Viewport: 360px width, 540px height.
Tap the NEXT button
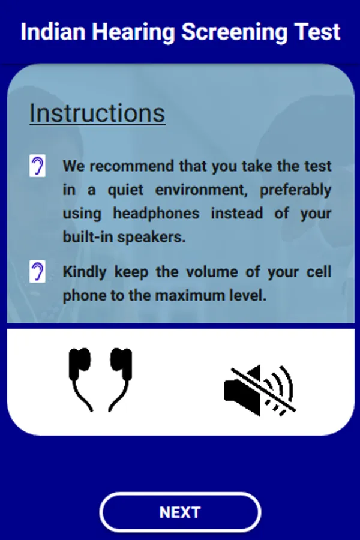coord(180,512)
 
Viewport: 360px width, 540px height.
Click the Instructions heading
coord(97,113)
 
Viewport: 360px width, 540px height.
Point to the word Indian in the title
coord(53,32)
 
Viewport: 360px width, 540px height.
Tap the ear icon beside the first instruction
coord(37,166)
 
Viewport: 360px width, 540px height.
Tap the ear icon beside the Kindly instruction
coord(37,271)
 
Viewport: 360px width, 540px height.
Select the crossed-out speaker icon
coord(260,391)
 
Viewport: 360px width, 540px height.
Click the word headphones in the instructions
coord(157,214)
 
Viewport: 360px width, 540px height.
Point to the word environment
coord(201,190)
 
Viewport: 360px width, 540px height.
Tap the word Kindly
coord(85,272)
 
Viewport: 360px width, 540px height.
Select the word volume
coord(212,272)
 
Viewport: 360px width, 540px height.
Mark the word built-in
coord(88,237)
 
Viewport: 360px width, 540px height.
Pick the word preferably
coord(296,190)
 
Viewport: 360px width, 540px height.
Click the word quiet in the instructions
coord(125,190)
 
